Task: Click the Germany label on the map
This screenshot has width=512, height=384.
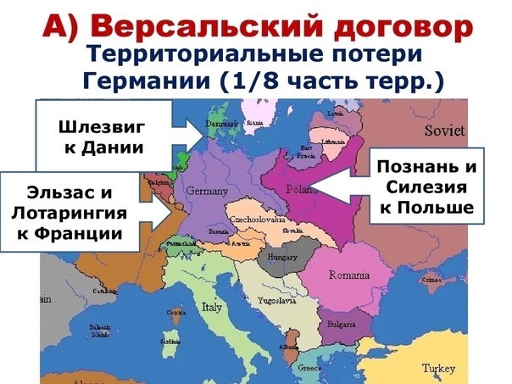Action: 206,190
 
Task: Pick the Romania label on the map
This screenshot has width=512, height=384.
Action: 350,276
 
